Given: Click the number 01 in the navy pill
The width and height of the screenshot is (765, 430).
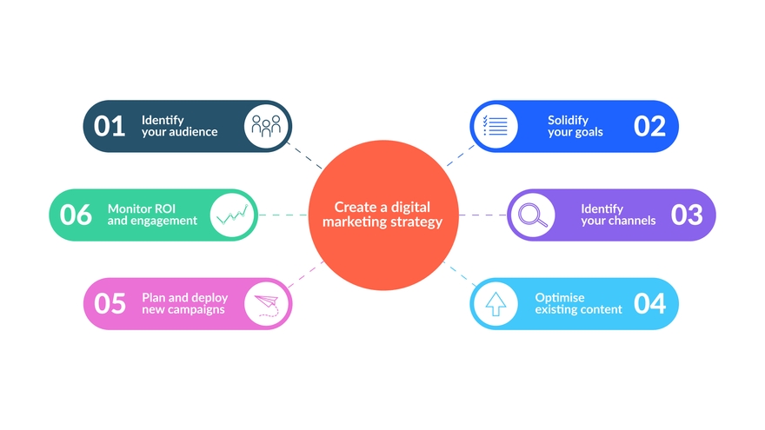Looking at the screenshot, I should click(x=110, y=127).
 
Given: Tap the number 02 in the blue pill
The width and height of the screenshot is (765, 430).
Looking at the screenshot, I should click(x=649, y=127).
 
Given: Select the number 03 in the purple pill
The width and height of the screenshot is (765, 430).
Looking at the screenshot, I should click(x=687, y=215).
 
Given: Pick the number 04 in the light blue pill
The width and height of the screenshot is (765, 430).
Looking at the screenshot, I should click(x=649, y=303).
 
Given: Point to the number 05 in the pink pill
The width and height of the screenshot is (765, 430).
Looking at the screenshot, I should click(x=110, y=303).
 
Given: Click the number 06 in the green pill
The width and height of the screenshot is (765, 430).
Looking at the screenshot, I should click(x=76, y=215).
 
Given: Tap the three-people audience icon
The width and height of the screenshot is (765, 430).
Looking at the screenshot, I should click(x=266, y=127).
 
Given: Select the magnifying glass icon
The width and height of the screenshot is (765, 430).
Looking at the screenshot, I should click(x=531, y=215).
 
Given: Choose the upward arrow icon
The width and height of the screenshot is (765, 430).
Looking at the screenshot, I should click(x=495, y=303).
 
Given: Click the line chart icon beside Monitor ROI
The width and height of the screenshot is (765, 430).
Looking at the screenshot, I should click(x=233, y=215).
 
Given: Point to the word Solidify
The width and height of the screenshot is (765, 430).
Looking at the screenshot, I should click(x=569, y=120).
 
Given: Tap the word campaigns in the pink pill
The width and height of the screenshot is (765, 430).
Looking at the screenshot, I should click(x=197, y=309).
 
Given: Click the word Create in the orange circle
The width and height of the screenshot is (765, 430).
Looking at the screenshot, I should click(x=354, y=208).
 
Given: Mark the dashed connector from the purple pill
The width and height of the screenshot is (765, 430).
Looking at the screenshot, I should click(x=482, y=215).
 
